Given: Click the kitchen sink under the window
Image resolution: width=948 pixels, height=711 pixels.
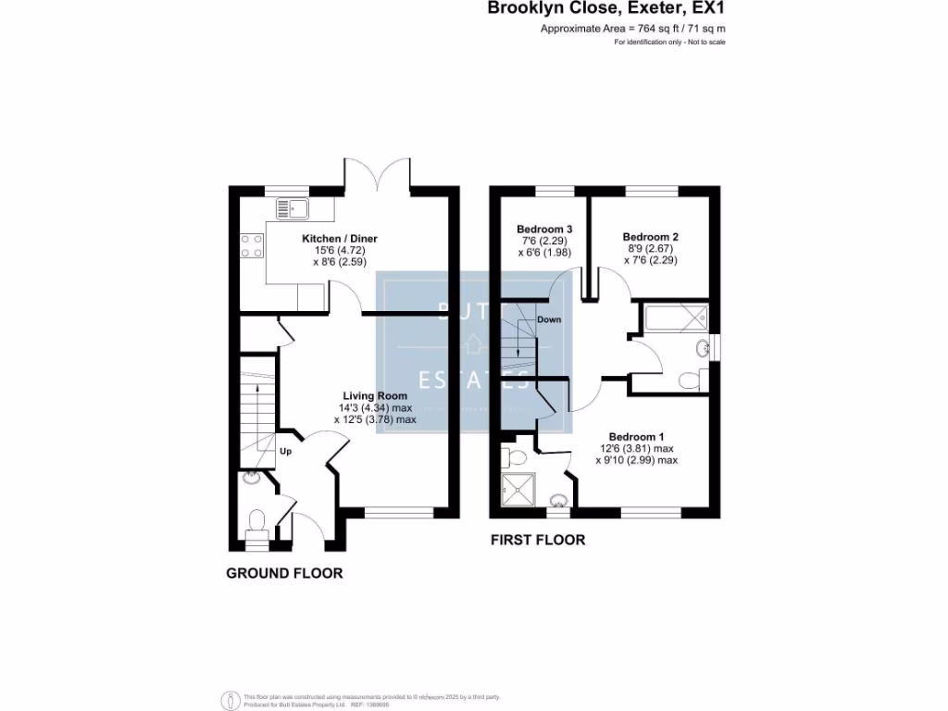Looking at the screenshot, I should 293,210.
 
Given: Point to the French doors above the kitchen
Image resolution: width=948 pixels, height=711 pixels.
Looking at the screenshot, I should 377,173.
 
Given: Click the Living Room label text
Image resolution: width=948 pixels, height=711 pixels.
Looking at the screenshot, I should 375,395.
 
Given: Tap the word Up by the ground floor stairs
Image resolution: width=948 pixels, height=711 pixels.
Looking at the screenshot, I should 286,452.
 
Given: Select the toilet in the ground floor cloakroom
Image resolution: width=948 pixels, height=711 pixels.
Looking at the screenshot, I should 258,520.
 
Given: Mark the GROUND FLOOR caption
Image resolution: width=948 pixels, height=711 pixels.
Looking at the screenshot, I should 284,573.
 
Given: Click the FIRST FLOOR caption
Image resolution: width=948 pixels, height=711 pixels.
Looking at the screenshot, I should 537,540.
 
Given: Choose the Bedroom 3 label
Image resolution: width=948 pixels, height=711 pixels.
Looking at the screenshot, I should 544,230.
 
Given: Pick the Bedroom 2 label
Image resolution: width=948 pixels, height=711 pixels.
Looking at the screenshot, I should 651,237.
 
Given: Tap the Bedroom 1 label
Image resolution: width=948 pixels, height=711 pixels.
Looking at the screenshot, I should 636,436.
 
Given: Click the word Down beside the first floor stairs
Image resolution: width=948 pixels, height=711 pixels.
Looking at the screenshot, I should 549,319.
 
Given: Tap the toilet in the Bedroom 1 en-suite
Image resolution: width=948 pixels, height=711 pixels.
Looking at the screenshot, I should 513,456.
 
